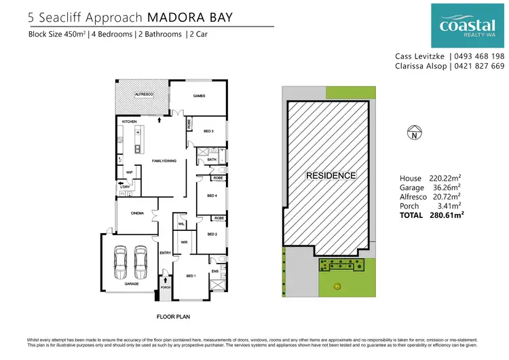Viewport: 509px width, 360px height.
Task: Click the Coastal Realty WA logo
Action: coord(468,24)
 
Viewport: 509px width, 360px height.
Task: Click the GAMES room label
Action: coord(199,96)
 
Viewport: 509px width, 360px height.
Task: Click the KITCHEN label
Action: coord(130,122)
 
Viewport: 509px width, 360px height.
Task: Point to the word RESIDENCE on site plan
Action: coord(331,175)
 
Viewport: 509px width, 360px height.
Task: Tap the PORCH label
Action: coord(164,287)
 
